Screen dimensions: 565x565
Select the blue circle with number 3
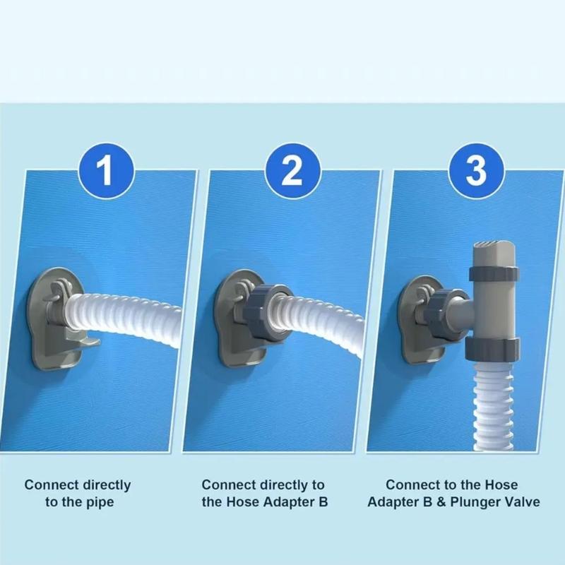(x=477, y=170)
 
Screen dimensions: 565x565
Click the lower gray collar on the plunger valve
(x=493, y=346)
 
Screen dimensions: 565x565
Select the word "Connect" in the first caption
(x=48, y=485)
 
